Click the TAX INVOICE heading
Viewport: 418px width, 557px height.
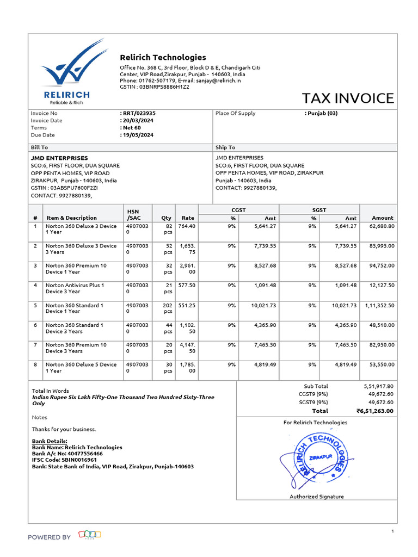pos(348,98)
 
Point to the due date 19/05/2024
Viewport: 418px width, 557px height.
pos(138,135)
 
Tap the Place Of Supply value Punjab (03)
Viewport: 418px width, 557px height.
pos(322,113)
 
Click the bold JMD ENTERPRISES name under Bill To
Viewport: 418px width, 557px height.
pos(59,158)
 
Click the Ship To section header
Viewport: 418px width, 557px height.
pos(225,147)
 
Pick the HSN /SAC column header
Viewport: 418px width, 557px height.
pos(133,214)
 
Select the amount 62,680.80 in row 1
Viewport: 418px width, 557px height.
pos(382,226)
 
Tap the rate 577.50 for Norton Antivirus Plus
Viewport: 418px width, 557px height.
pos(187,285)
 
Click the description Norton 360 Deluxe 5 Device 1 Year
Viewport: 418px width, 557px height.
pos(81,367)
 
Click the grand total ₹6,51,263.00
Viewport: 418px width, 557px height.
pos(374,411)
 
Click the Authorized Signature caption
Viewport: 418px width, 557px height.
pos(316,497)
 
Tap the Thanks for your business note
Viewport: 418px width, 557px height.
pos(64,429)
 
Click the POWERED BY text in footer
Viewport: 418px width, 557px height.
pos(49,537)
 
